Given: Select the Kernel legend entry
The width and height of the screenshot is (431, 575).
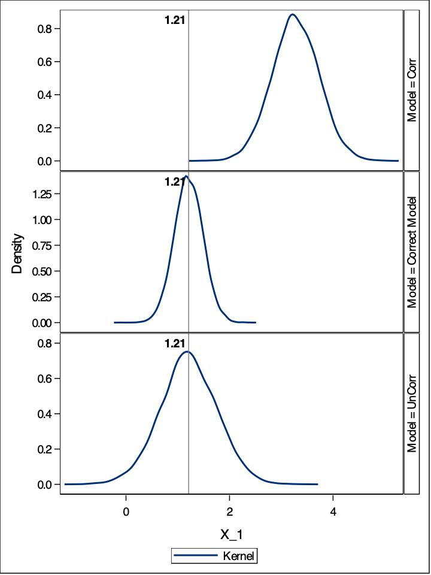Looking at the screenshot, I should click(x=214, y=556).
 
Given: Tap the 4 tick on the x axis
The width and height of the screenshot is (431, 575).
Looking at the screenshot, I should click(x=333, y=513).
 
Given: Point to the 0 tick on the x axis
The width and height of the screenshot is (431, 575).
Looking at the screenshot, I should click(x=126, y=513).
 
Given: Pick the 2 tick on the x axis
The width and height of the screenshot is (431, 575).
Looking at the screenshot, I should click(x=230, y=513).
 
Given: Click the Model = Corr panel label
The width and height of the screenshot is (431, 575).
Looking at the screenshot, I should click(x=412, y=90).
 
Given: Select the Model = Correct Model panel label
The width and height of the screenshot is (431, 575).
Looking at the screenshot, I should click(x=412, y=252).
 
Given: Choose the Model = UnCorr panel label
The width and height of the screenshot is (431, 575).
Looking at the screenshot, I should click(x=412, y=413).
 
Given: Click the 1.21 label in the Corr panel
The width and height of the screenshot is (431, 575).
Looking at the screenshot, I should click(x=174, y=20).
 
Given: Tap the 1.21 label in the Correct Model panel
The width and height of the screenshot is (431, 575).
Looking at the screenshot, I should click(x=174, y=182).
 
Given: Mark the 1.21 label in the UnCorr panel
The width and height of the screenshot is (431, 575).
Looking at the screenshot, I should click(x=174, y=344).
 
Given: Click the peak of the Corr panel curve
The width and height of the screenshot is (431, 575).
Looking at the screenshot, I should click(x=292, y=14).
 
